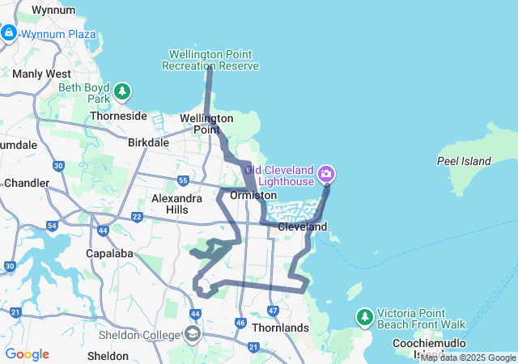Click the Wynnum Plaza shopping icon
9,33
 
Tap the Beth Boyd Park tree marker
122,91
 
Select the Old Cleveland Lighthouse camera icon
327,174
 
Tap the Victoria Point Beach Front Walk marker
364,316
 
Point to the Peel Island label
464,161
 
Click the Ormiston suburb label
253,196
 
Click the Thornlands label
280,328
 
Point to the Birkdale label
149,142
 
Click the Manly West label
41,74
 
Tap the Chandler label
27,183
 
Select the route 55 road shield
184,180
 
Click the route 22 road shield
137,217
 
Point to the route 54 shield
52,226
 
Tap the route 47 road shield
273,311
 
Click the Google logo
27,354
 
